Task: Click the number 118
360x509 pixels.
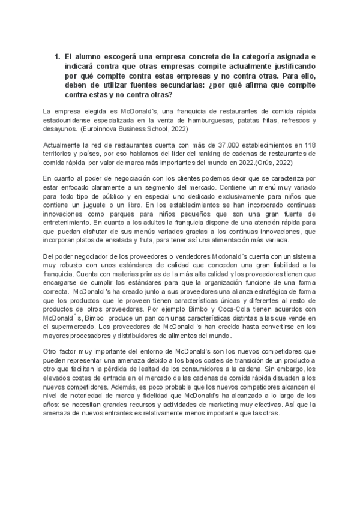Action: [x=310, y=145]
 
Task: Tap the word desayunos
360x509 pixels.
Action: [x=62, y=128]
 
